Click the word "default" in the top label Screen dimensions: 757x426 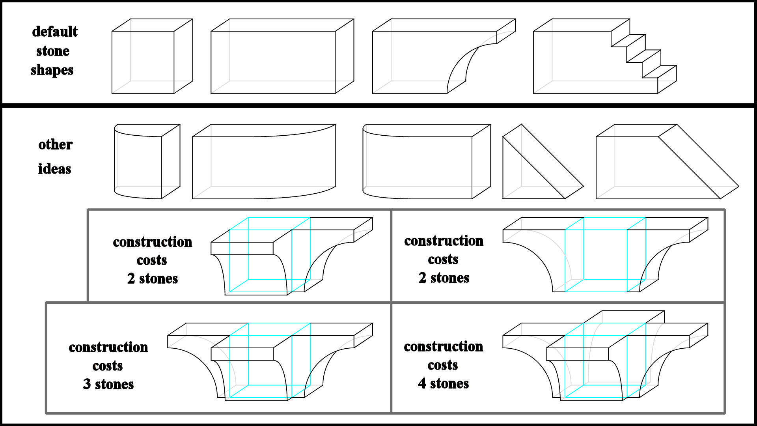(55, 32)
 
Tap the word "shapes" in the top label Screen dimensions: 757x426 (52, 70)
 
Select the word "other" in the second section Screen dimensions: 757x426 (55, 144)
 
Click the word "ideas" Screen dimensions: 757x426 (54, 169)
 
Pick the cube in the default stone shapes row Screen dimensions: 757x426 (152, 56)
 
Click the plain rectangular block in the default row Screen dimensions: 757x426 (282, 56)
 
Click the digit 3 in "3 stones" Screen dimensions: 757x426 (87, 384)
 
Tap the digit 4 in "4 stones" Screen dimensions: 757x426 (422, 383)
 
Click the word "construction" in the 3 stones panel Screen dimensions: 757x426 (108, 347)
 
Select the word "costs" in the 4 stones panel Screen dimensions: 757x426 (443, 365)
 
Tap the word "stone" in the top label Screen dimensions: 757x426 (53, 51)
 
